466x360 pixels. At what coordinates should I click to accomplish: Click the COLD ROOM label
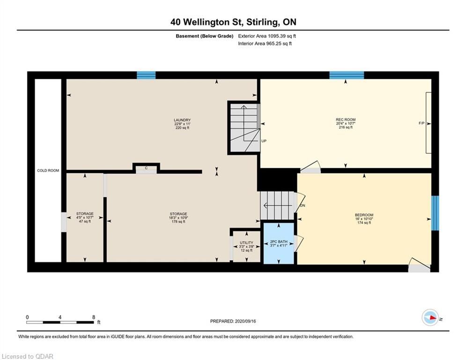[x=48, y=171]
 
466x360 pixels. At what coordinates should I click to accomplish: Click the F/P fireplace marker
[x=422, y=123]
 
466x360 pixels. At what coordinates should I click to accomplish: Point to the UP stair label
[x=264, y=141]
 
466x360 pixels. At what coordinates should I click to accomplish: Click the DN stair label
[x=303, y=206]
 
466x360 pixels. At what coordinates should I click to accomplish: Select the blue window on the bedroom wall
[x=435, y=213]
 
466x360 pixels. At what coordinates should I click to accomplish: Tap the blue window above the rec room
[x=347, y=75]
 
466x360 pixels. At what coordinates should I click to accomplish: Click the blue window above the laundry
[x=146, y=75]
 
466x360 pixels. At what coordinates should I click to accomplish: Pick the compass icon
[x=430, y=318]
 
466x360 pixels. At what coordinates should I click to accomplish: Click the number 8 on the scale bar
[x=94, y=317]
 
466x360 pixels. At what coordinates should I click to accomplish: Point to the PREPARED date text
[x=233, y=321]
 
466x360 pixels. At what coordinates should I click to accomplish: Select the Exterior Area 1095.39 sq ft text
[x=267, y=36]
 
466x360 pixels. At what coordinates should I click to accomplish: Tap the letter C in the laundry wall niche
[x=146, y=168]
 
